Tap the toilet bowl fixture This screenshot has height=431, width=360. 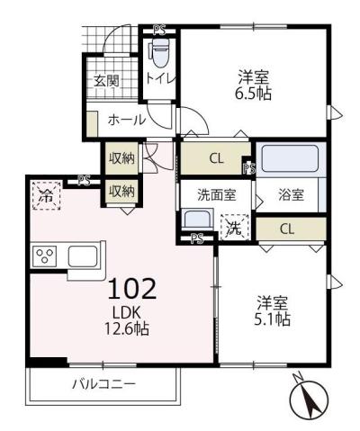(x=159, y=56)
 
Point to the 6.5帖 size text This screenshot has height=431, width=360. (x=255, y=92)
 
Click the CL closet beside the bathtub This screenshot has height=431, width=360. (x=215, y=159)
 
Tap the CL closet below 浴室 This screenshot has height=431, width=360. (x=286, y=229)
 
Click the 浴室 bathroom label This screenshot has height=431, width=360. (x=290, y=193)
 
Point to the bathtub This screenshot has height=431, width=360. (x=290, y=159)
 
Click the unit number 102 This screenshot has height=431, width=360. (x=133, y=288)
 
